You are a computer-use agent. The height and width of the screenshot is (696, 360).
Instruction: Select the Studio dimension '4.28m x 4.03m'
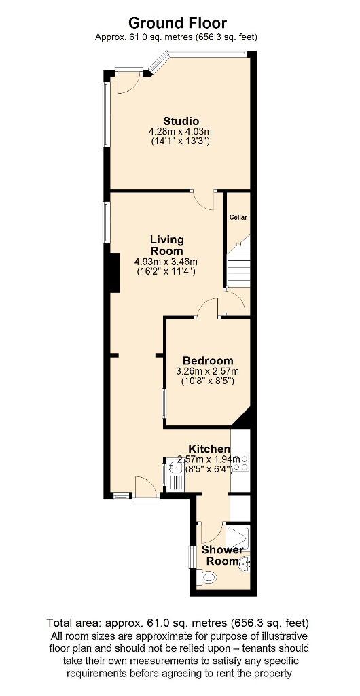pyautogui.click(x=180, y=131)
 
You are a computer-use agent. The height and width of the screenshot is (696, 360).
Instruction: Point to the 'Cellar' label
pyautogui.click(x=238, y=217)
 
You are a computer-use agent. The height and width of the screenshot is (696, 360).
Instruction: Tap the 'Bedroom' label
pyautogui.click(x=208, y=361)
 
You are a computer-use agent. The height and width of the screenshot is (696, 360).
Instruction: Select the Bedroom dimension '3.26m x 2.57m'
pyautogui.click(x=207, y=371)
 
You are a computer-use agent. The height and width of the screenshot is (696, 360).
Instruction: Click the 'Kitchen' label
pyautogui.click(x=209, y=449)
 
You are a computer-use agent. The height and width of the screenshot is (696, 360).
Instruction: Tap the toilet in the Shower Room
pyautogui.click(x=209, y=578)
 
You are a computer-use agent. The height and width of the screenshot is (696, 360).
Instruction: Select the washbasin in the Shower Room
pyautogui.click(x=245, y=562)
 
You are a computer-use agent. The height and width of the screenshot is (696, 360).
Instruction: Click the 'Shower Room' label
pyautogui.click(x=218, y=556)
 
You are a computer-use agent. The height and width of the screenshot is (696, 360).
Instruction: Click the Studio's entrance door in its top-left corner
pyautogui.click(x=126, y=82)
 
